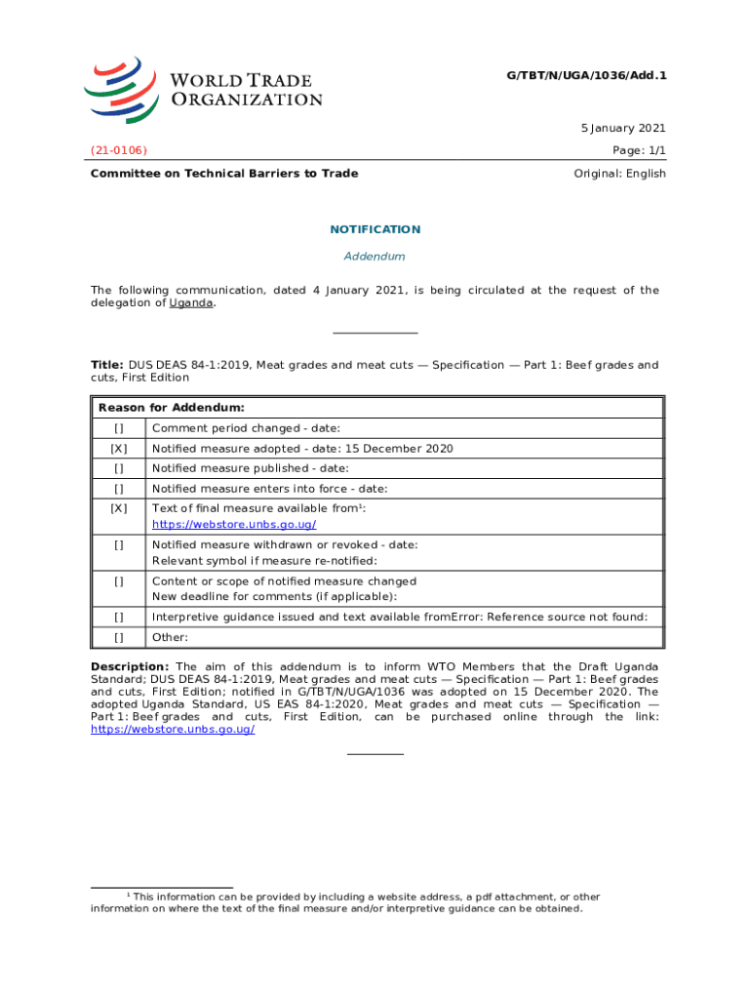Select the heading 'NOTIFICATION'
coord(375,229)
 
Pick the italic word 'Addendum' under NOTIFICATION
coord(375,257)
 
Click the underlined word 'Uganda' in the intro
coord(191,302)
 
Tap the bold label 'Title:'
coord(107,365)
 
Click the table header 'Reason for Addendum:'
coord(171,407)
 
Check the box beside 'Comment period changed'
coord(118,428)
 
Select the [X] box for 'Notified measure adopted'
coord(118,449)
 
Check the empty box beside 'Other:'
coord(118,637)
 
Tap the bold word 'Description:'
coord(130,666)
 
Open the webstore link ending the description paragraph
coord(173,729)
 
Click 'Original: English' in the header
coord(620,174)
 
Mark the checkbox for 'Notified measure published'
coord(118,468)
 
